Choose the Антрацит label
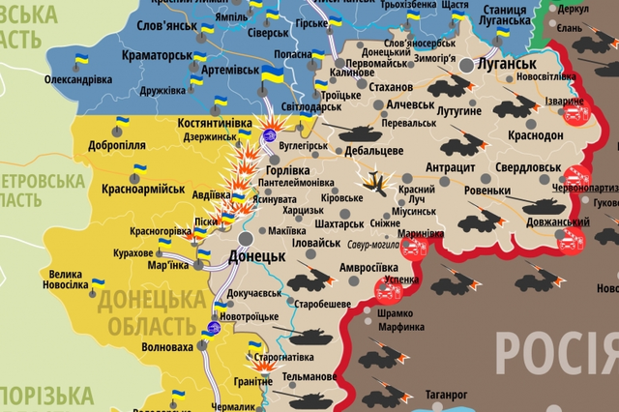coord(451,167)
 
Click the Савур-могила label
coord(370,245)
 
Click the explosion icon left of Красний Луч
coord(373,180)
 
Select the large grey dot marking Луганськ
coord(467,65)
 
